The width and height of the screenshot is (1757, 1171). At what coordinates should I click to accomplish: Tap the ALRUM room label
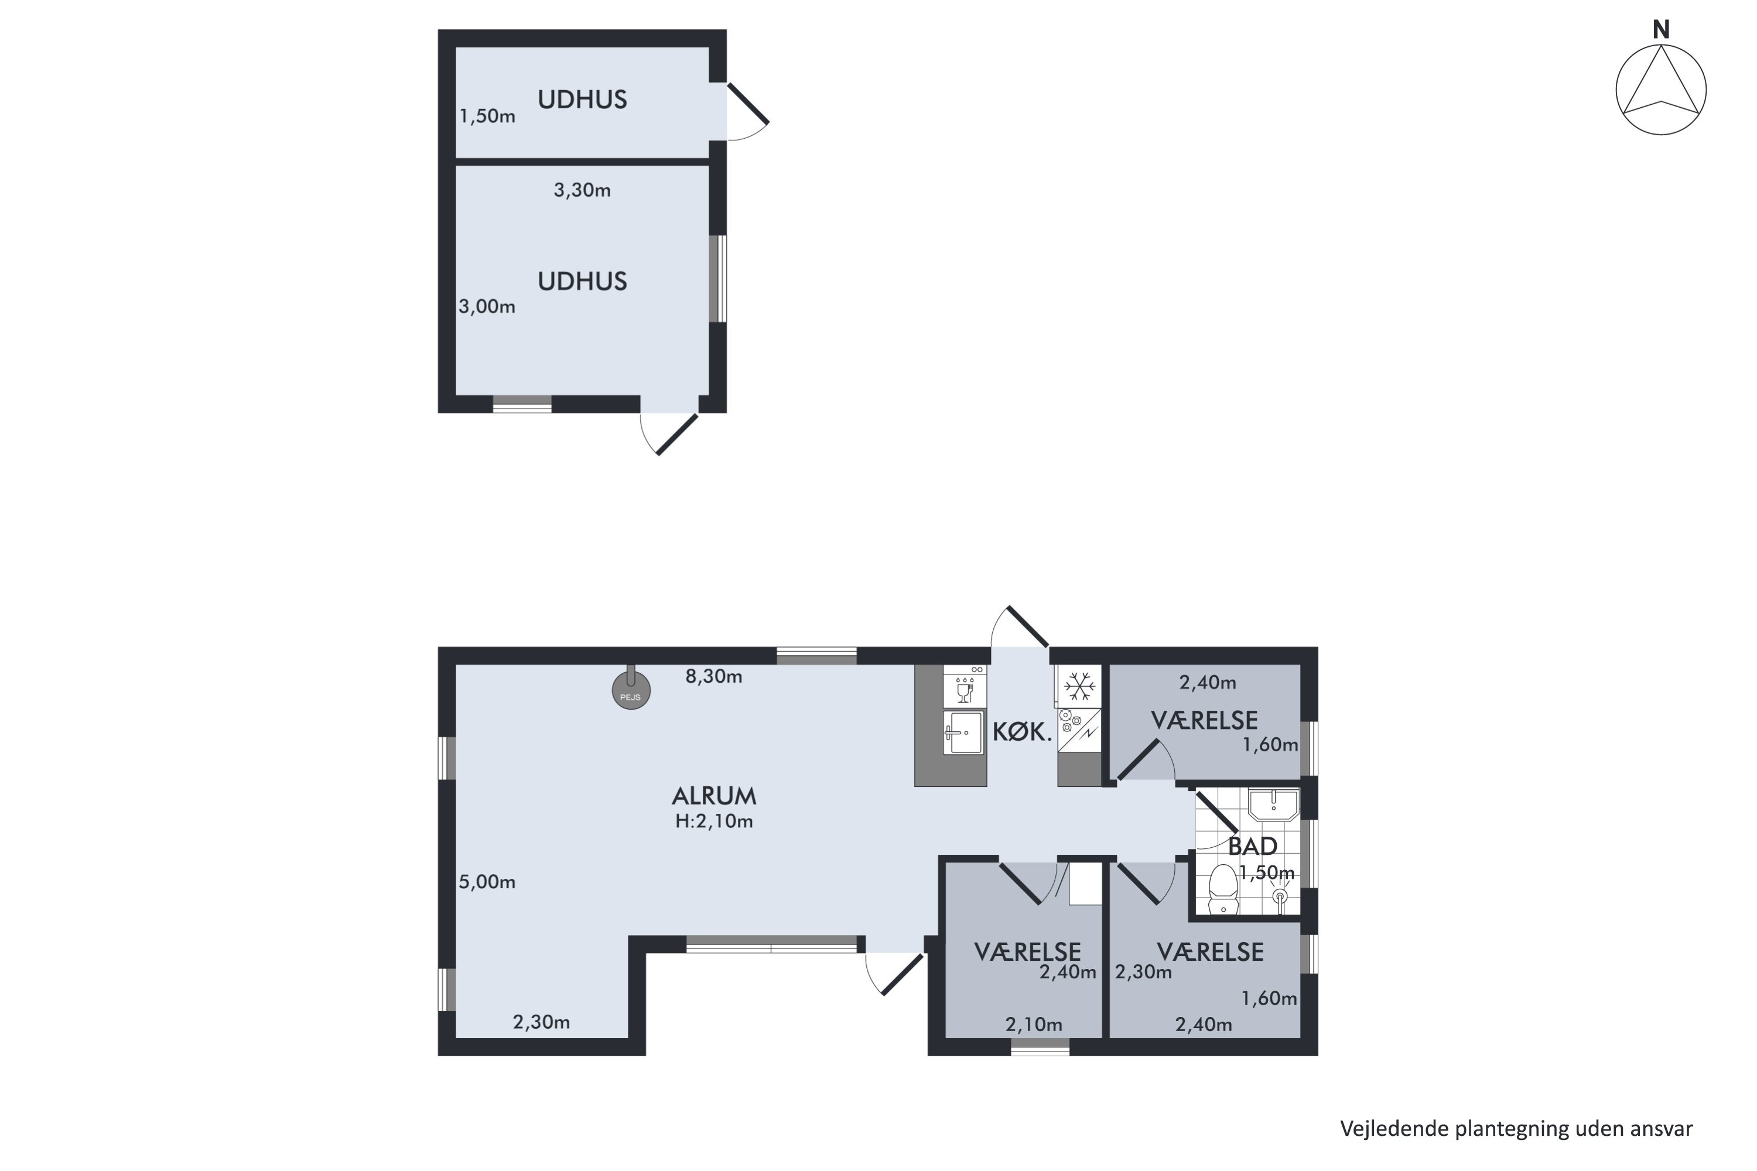(714, 796)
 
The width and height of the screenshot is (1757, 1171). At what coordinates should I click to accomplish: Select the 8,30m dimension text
(714, 677)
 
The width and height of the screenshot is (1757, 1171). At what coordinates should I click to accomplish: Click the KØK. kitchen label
(1022, 732)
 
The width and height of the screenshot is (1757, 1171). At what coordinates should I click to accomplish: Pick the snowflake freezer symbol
(1079, 686)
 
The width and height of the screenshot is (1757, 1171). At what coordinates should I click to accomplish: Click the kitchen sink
(963, 732)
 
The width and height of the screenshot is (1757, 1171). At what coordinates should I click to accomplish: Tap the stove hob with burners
(1079, 730)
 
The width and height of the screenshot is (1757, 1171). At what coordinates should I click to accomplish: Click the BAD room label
(1253, 846)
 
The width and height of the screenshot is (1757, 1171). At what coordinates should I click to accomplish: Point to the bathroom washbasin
(1274, 805)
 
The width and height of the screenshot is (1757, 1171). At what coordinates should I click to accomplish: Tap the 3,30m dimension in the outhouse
(582, 190)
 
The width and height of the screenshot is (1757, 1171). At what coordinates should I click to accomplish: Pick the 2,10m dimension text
(1034, 1025)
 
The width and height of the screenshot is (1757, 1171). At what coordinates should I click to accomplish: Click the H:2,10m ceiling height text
(714, 821)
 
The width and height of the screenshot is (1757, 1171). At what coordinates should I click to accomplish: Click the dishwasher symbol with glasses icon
(965, 686)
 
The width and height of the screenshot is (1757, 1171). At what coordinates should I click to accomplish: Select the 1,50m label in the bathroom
(1267, 872)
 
